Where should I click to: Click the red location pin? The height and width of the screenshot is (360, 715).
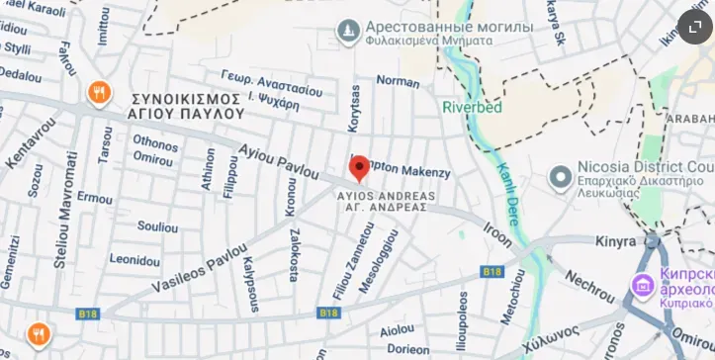click(x=360, y=168)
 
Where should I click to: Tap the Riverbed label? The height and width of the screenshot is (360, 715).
click(x=473, y=107)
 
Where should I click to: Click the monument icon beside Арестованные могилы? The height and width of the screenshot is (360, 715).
click(x=347, y=34)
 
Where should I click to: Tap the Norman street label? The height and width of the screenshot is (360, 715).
click(x=399, y=82)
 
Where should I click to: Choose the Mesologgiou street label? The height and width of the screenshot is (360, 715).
click(x=381, y=258)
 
